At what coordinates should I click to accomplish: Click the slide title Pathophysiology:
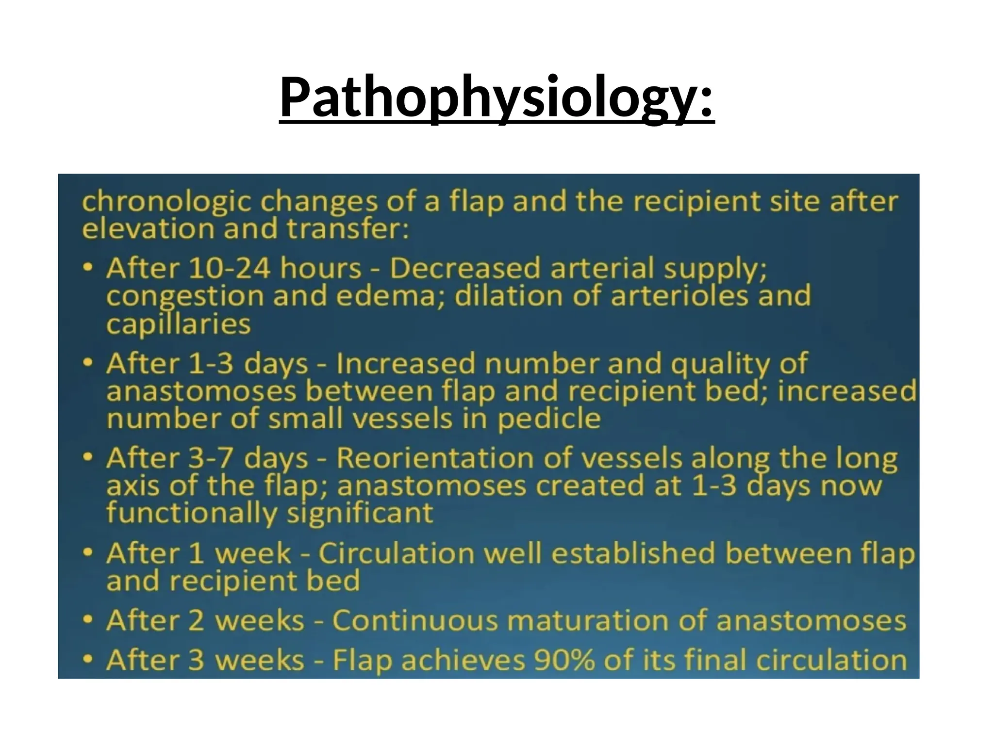coord(497,97)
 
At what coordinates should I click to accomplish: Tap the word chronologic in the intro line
coord(166,202)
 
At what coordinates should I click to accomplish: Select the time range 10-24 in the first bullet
coord(229,268)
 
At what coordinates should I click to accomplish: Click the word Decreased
coord(465,268)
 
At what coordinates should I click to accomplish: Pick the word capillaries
coord(178,324)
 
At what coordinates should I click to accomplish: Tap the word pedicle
coord(549,419)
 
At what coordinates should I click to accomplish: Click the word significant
coord(359,513)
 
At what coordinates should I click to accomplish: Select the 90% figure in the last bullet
coord(563,660)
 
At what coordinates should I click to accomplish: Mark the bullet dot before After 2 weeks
coord(87,619)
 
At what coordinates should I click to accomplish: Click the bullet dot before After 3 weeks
coord(87,659)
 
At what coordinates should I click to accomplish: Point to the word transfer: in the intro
coord(348,229)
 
